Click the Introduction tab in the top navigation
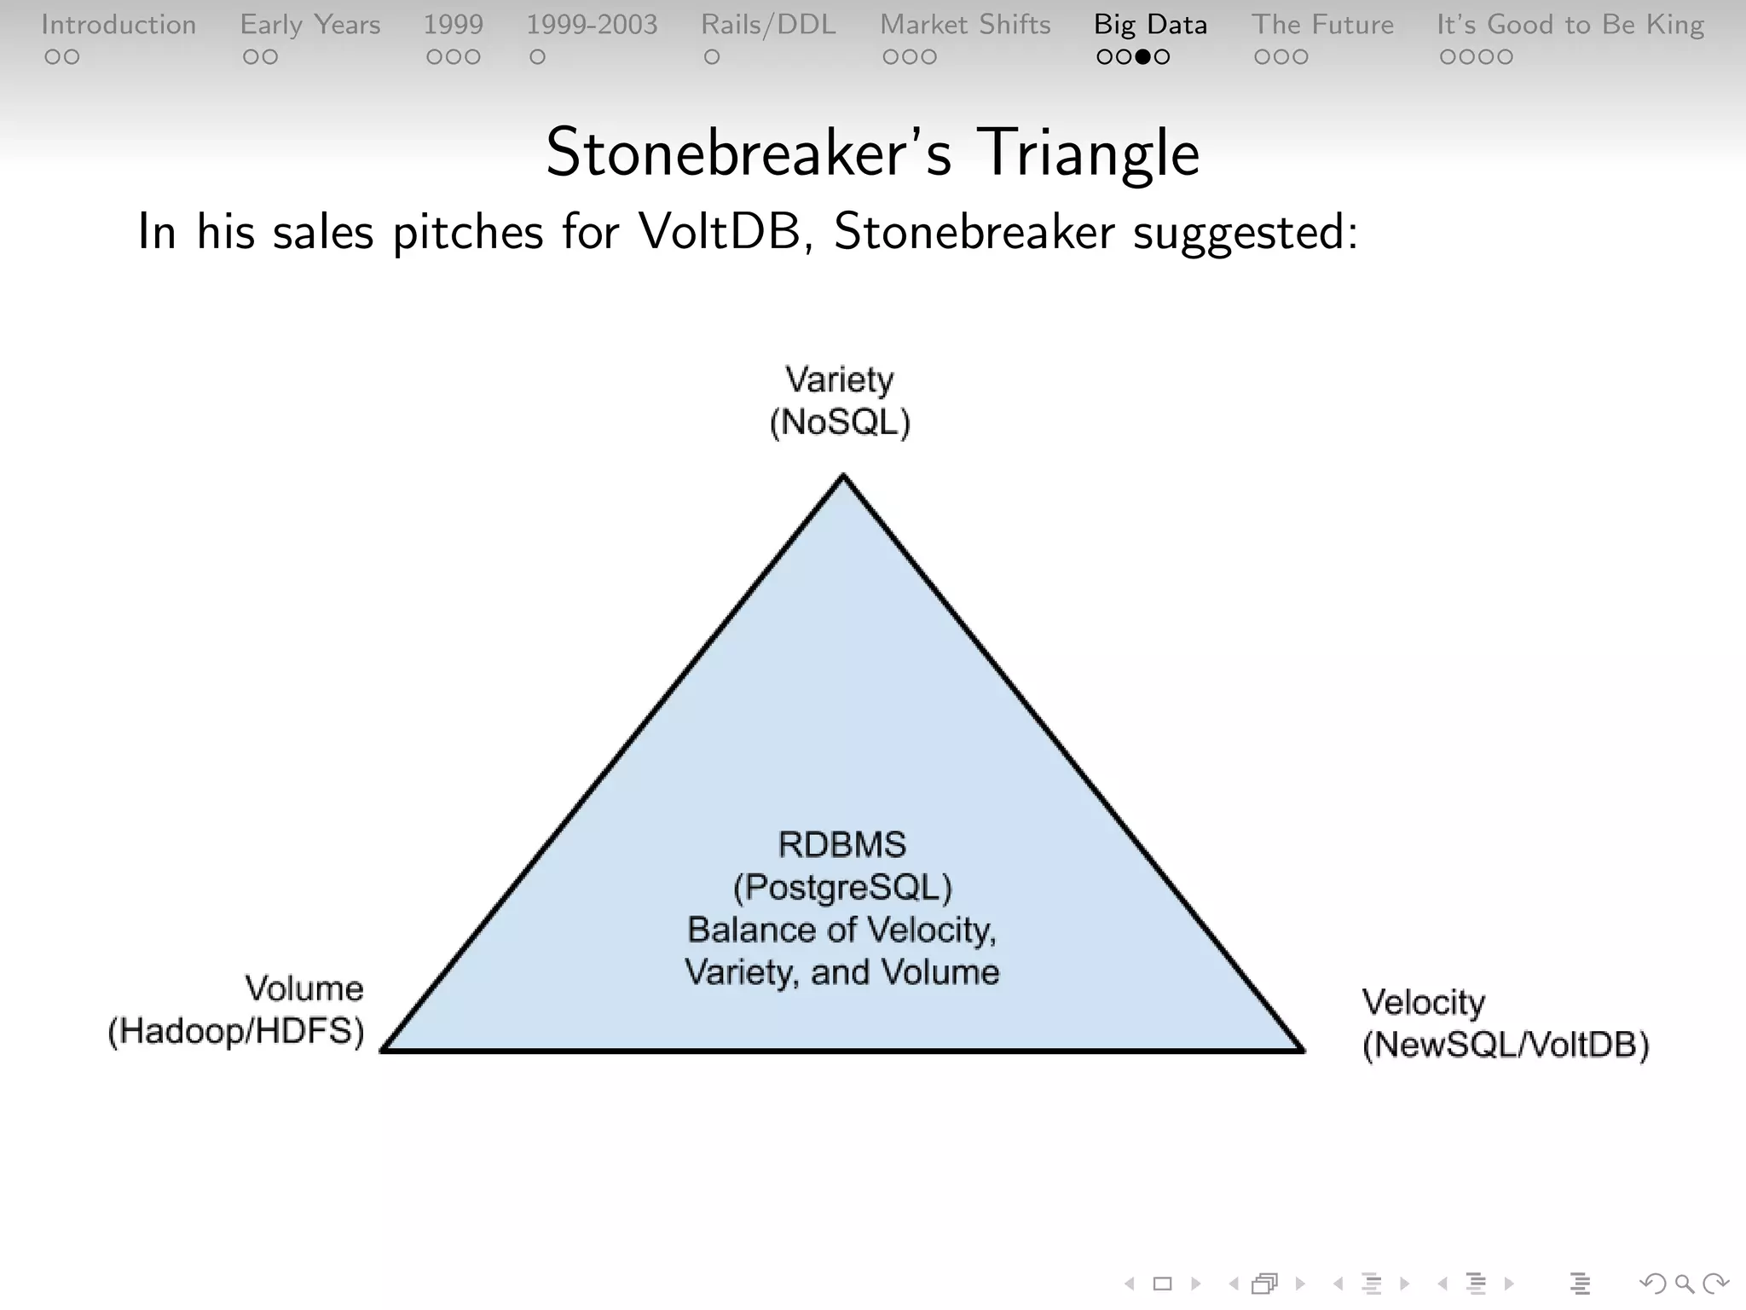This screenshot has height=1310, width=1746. (119, 25)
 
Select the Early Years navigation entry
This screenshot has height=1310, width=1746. (309, 25)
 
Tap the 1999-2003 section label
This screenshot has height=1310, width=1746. (592, 25)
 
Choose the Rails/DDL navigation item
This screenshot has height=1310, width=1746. (768, 25)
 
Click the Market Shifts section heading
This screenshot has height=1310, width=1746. (965, 25)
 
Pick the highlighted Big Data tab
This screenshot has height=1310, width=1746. (1150, 25)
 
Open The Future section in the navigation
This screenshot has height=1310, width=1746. (1322, 25)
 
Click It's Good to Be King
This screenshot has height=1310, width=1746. (1570, 25)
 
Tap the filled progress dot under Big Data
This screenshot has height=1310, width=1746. (1143, 57)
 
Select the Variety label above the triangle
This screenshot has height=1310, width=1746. (840, 380)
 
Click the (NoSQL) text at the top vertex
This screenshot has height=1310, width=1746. (840, 422)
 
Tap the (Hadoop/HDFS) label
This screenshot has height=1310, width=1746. (236, 1031)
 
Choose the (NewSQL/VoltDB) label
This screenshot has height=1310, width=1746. (1506, 1045)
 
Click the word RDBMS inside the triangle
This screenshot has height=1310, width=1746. (842, 844)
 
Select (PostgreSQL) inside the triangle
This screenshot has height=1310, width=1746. (842, 888)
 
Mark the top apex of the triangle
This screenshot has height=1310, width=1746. (843, 477)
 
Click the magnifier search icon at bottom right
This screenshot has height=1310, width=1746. (1684, 1283)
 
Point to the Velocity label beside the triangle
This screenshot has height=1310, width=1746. (1423, 1002)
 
